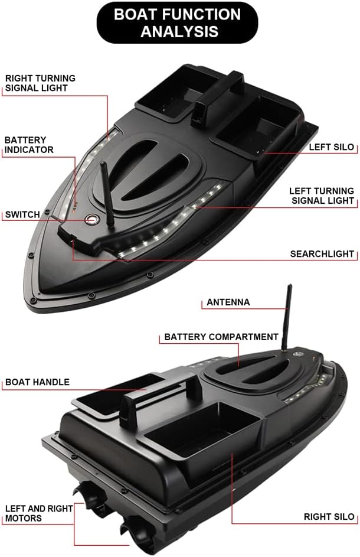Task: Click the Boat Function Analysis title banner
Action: point(178,22)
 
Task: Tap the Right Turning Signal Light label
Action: point(40,83)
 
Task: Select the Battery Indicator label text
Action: point(29,145)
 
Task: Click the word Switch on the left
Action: point(22,214)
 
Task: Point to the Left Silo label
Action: point(332,147)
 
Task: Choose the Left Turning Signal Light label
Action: point(322,196)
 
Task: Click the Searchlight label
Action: point(322,254)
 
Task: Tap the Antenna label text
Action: point(228,302)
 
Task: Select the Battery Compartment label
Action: point(221,337)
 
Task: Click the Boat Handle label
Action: point(37,382)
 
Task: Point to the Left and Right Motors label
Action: point(39,513)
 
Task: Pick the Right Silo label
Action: point(329,517)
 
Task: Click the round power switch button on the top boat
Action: point(91,219)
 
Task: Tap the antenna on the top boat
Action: point(107,196)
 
